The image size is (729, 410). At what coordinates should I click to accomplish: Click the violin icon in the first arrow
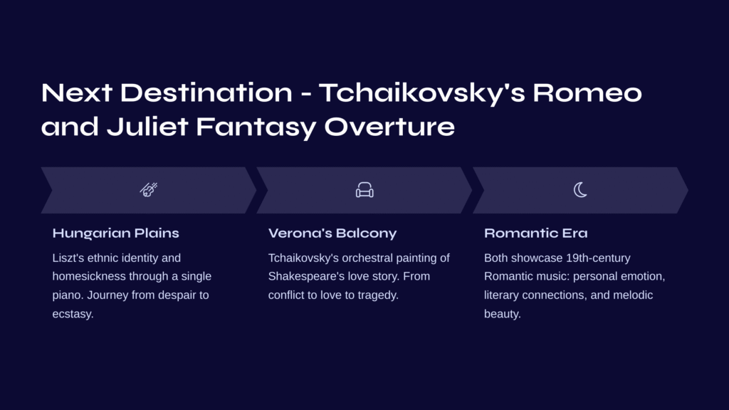tap(149, 189)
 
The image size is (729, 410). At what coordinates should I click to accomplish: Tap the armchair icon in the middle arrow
tap(364, 189)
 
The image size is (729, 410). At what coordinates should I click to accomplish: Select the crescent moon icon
tap(580, 189)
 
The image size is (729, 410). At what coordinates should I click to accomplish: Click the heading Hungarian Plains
tap(116, 233)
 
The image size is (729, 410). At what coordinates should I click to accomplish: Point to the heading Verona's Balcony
tap(332, 233)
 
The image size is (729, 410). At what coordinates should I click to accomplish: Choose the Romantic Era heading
tap(535, 233)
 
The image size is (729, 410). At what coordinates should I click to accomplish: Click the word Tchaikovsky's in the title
tap(421, 93)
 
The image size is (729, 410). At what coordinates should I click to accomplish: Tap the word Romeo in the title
tap(587, 93)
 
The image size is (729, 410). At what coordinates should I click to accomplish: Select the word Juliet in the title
tap(147, 127)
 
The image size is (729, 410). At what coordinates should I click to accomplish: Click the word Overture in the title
tap(389, 127)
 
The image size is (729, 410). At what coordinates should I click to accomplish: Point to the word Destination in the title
tap(206, 93)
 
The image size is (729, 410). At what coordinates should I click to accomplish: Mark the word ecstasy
tap(73, 314)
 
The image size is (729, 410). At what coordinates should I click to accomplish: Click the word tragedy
tap(378, 295)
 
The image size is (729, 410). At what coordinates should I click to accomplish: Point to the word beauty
tap(503, 314)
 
